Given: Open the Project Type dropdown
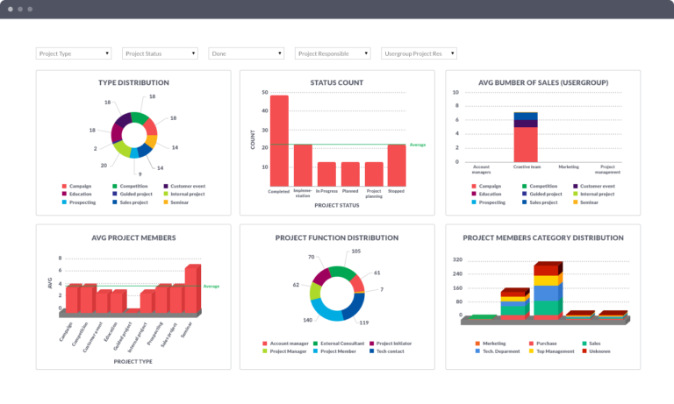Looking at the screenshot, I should tap(74, 53).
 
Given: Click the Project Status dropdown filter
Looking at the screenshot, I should tap(160, 53).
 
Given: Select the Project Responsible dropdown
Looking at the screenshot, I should tap(332, 53).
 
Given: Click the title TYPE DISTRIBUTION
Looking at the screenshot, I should tap(133, 82).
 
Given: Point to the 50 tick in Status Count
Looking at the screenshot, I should tap(264, 92).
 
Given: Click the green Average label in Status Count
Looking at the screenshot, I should tap(417, 145).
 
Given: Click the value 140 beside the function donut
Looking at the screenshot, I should tap(308, 320).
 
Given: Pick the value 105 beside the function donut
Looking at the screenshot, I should tap(355, 252).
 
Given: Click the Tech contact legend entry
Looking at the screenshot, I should tap(389, 351).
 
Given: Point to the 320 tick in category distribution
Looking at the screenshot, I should tap(457, 260).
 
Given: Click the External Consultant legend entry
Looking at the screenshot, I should tap(339, 343).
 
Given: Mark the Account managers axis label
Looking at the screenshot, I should tap(482, 168).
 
